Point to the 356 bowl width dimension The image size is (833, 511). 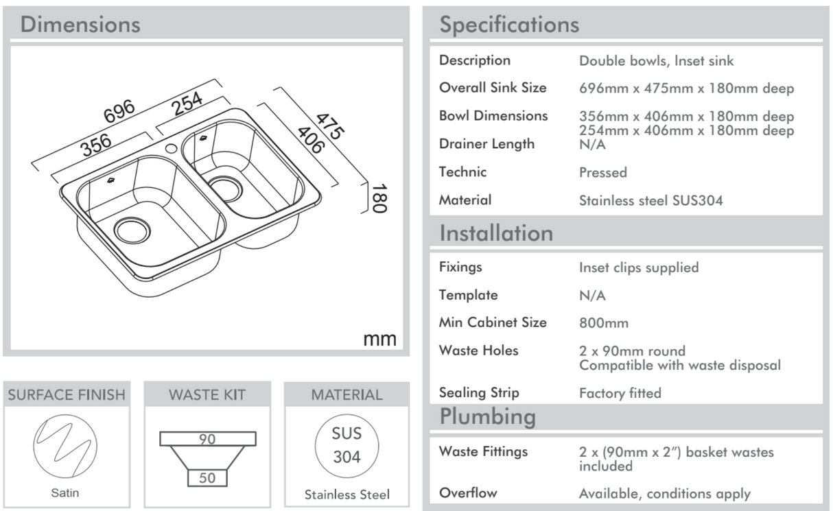(x=96, y=145)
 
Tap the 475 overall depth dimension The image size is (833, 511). (x=331, y=125)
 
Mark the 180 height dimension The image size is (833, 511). (x=379, y=198)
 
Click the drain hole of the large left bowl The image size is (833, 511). (x=132, y=230)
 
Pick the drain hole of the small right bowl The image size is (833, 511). (x=224, y=187)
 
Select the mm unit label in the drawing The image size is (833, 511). (x=379, y=338)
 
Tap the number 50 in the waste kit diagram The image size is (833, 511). (x=207, y=478)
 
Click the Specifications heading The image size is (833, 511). (x=509, y=25)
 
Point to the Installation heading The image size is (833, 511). (x=496, y=233)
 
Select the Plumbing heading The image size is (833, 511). (x=487, y=416)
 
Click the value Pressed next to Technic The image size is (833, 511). (x=602, y=172)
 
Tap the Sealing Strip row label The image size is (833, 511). (x=479, y=392)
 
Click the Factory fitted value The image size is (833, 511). (x=620, y=393)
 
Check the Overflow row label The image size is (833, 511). (x=468, y=492)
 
